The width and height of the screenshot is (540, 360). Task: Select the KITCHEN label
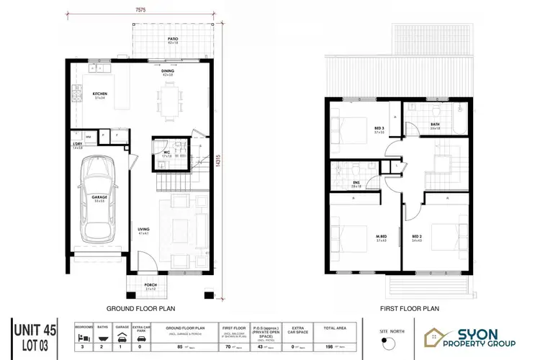pos(99,94)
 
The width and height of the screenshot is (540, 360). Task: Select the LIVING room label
pos(144,230)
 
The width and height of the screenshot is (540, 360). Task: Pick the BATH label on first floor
pos(435,124)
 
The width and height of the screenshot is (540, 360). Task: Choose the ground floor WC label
pos(166,152)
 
